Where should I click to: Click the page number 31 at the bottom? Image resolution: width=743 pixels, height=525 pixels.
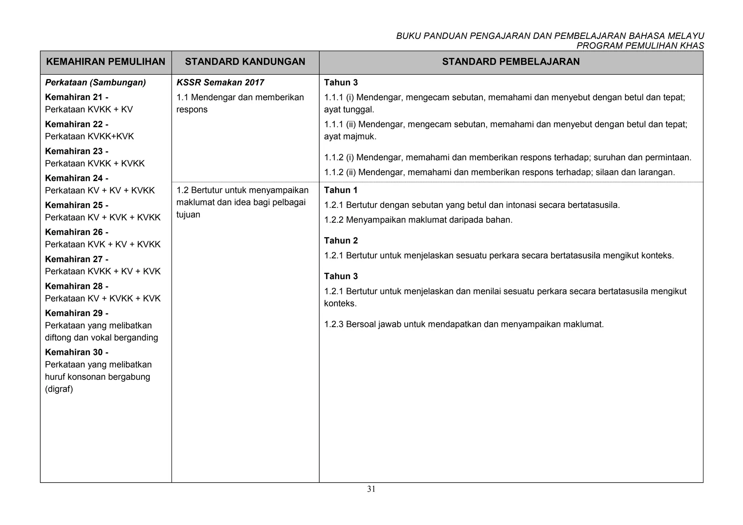pyautogui.click(x=371, y=489)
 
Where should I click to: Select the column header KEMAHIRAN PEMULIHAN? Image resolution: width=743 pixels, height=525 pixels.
pyautogui.click(x=106, y=62)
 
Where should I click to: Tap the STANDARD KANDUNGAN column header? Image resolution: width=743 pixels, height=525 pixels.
pyautogui.click(x=245, y=62)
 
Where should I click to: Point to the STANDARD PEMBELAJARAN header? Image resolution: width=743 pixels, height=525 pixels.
pyautogui.click(x=511, y=62)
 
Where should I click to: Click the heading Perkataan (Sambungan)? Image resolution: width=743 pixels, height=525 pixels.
pyautogui.click(x=95, y=83)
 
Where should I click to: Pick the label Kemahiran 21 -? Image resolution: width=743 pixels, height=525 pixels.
pyautogui.click(x=77, y=97)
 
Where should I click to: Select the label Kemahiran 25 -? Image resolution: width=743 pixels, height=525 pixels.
pyautogui.click(x=77, y=205)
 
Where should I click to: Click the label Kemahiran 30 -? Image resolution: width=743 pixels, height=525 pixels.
pyautogui.click(x=77, y=352)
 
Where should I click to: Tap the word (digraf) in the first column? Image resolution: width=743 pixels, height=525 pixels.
pyautogui.click(x=59, y=389)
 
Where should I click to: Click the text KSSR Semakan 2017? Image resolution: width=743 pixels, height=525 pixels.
pyautogui.click(x=220, y=83)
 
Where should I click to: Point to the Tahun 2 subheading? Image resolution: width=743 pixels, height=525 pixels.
pyautogui.click(x=341, y=241)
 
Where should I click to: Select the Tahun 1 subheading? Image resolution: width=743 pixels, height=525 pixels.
pyautogui.click(x=341, y=190)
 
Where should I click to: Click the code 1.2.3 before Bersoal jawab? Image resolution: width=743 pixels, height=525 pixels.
pyautogui.click(x=333, y=324)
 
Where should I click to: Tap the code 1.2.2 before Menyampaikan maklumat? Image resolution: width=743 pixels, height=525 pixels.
pyautogui.click(x=333, y=220)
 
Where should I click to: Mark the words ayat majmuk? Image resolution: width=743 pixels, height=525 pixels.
pyautogui.click(x=350, y=137)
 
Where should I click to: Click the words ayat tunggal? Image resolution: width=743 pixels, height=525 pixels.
pyautogui.click(x=349, y=109)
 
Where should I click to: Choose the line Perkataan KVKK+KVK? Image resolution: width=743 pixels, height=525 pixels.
pyautogui.click(x=89, y=137)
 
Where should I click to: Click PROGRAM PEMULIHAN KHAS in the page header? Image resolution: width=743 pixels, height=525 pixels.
pyautogui.click(x=640, y=46)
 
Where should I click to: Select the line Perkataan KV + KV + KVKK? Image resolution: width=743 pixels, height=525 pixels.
pyautogui.click(x=100, y=191)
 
